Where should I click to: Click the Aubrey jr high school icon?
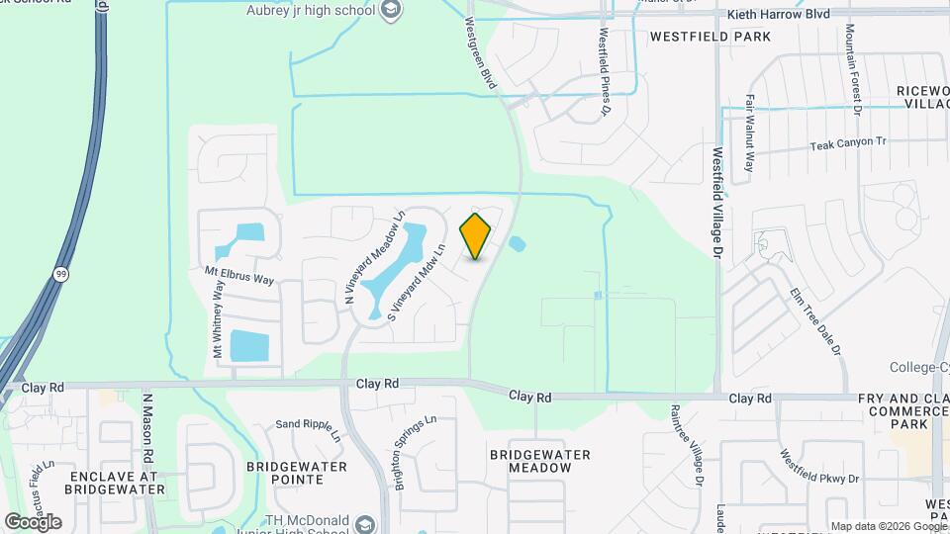392,10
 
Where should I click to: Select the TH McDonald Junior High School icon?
366,523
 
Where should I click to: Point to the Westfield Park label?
710,37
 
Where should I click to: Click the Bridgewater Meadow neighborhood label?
540,462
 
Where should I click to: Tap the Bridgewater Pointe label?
296,472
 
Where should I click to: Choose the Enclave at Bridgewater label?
115,482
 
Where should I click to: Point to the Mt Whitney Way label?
217,318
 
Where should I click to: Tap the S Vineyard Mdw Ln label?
418,282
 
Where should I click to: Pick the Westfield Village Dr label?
717,203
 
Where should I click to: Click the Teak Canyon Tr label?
848,143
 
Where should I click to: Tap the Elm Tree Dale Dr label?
815,321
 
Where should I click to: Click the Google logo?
34,522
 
